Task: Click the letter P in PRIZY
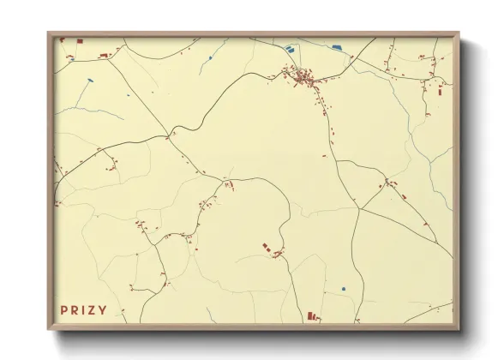pyautogui.click(x=64, y=310)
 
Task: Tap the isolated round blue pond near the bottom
pyautogui.click(x=343, y=289)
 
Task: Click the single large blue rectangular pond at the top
pyautogui.click(x=336, y=47)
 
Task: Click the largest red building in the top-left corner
pyautogui.click(x=80, y=40)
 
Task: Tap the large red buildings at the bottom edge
pyautogui.click(x=312, y=317)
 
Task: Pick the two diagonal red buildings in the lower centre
pyautogui.click(x=267, y=248)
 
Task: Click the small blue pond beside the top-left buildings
pyautogui.click(x=62, y=40)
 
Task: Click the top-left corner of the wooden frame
pyautogui.click(x=48, y=33)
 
